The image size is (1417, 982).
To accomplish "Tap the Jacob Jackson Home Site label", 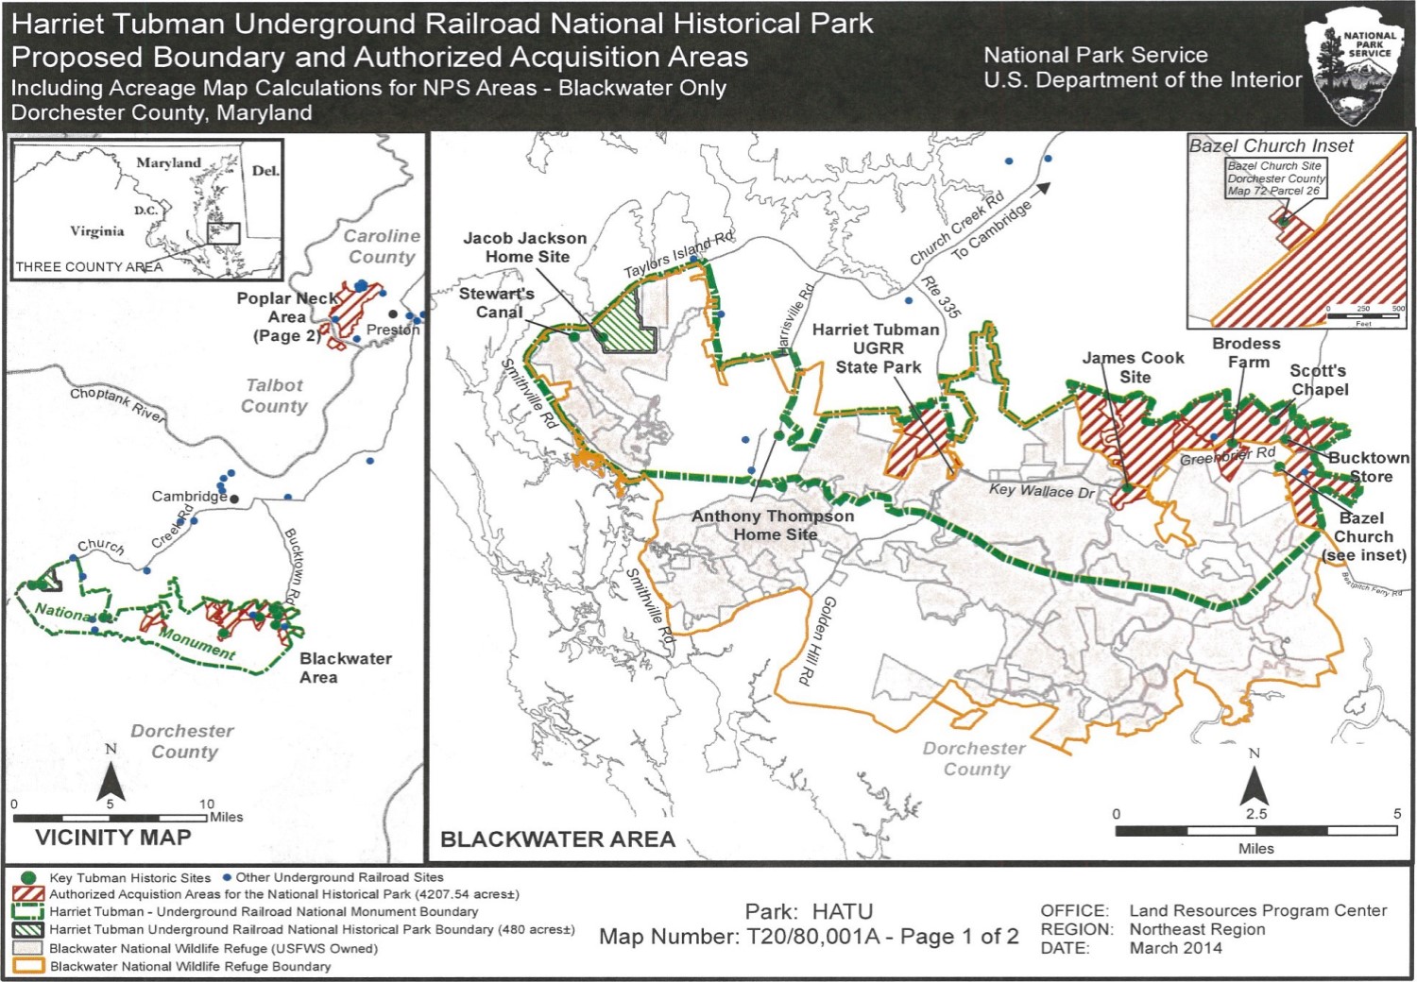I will pyautogui.click(x=525, y=247).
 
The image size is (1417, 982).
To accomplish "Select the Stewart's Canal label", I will pyautogui.click(x=497, y=303).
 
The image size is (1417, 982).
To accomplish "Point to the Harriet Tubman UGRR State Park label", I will pyautogui.click(x=877, y=348).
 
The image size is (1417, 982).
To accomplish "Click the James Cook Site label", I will pyautogui.click(x=1134, y=367).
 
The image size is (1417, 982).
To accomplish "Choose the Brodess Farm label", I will pyautogui.click(x=1247, y=352).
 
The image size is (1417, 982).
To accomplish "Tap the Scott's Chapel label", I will pyautogui.click(x=1319, y=380).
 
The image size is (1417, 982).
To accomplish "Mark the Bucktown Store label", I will pyautogui.click(x=1368, y=466).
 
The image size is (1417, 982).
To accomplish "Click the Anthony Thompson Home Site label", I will pyautogui.click(x=773, y=525).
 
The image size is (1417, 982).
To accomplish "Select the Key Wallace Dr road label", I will pyautogui.click(x=1042, y=490).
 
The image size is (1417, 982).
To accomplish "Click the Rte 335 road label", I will pyautogui.click(x=941, y=296).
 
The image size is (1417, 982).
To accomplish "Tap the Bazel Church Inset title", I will pyautogui.click(x=1271, y=146).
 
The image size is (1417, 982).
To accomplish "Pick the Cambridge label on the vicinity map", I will pyautogui.click(x=189, y=496).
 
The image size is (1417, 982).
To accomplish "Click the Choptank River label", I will pyautogui.click(x=117, y=404).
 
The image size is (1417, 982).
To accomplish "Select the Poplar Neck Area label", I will pyautogui.click(x=286, y=316).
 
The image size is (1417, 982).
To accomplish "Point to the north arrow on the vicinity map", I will pyautogui.click(x=111, y=779).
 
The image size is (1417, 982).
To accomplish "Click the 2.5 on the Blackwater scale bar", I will pyautogui.click(x=1256, y=814).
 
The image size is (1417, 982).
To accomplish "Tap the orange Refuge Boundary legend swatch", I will pyautogui.click(x=28, y=966).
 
